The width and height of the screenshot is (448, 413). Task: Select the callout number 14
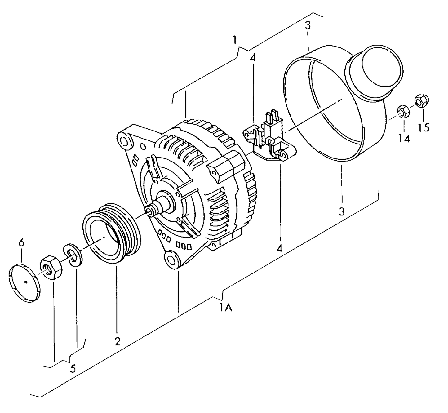pos(404,138)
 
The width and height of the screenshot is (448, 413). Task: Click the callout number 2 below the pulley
pos(117,341)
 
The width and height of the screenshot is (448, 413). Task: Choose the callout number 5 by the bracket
pos(73,369)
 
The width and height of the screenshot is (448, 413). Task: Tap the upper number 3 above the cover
pos(307,25)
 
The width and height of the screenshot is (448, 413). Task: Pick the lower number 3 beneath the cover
pos(341,211)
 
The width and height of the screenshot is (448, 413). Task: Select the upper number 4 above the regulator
pos(253,58)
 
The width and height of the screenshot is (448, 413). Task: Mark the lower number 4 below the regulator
pos(280,248)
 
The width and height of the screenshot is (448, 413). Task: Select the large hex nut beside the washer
pos(51,267)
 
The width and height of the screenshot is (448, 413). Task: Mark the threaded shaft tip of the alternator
pos(150,211)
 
